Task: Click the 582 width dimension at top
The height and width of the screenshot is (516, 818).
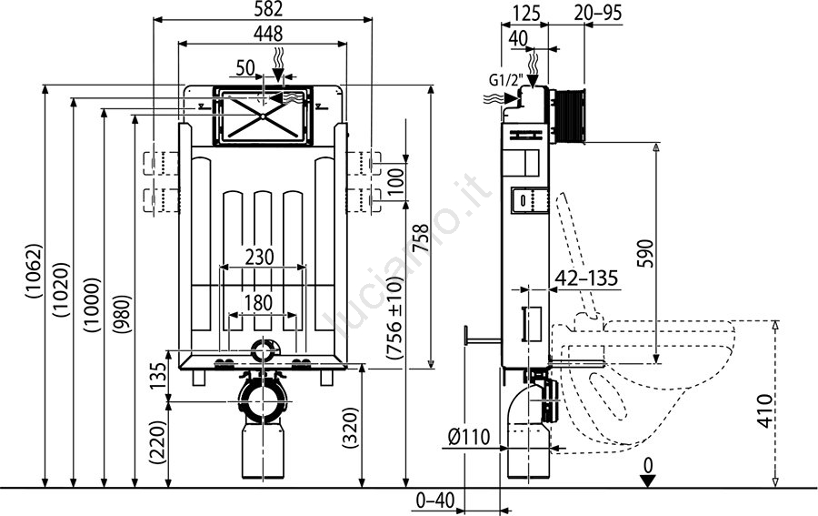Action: [x=263, y=9]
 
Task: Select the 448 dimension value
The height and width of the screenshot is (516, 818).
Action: [x=263, y=34]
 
